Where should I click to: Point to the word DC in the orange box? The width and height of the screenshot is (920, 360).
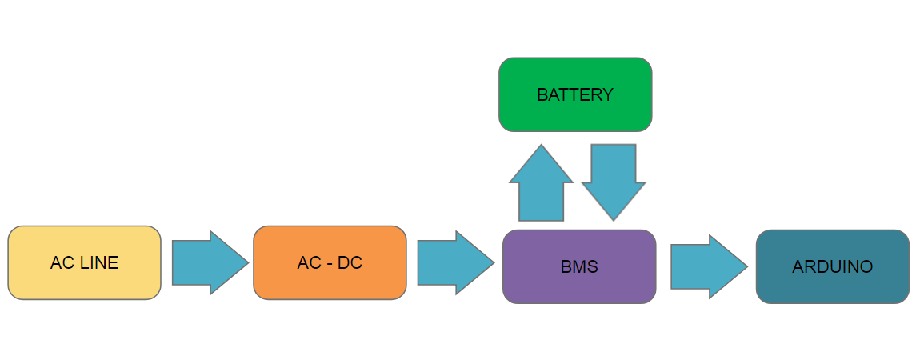pos(349,262)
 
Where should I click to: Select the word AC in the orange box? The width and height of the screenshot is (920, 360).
pos(310,262)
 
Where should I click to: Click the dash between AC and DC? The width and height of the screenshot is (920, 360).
pos(329,263)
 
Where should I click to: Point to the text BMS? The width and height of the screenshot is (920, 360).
pos(579,267)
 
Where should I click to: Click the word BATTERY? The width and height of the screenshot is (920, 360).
pos(575,95)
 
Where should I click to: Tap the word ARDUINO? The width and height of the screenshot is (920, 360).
pos(832,267)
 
